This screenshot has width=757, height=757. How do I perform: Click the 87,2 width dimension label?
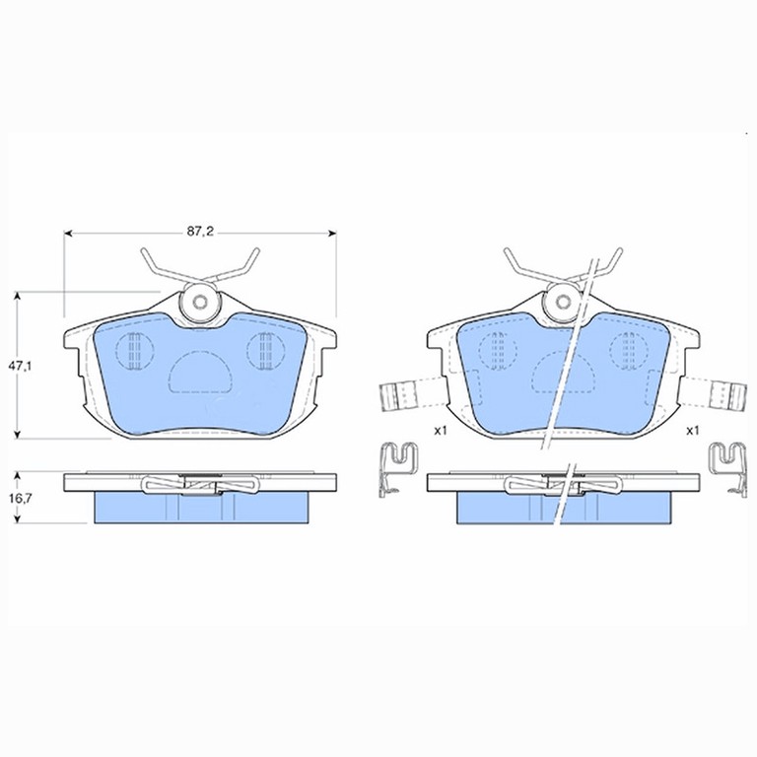point(200,233)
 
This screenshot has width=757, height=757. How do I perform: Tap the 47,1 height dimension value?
point(20,366)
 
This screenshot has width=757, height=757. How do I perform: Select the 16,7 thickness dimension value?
point(20,498)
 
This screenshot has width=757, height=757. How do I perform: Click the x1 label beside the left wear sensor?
point(440,431)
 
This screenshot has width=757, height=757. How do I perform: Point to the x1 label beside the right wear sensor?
point(693,431)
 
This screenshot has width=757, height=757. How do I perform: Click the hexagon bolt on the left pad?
point(200,303)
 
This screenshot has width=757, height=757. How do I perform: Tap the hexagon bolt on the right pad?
point(564,303)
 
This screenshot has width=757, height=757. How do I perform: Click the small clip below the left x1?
point(397,469)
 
